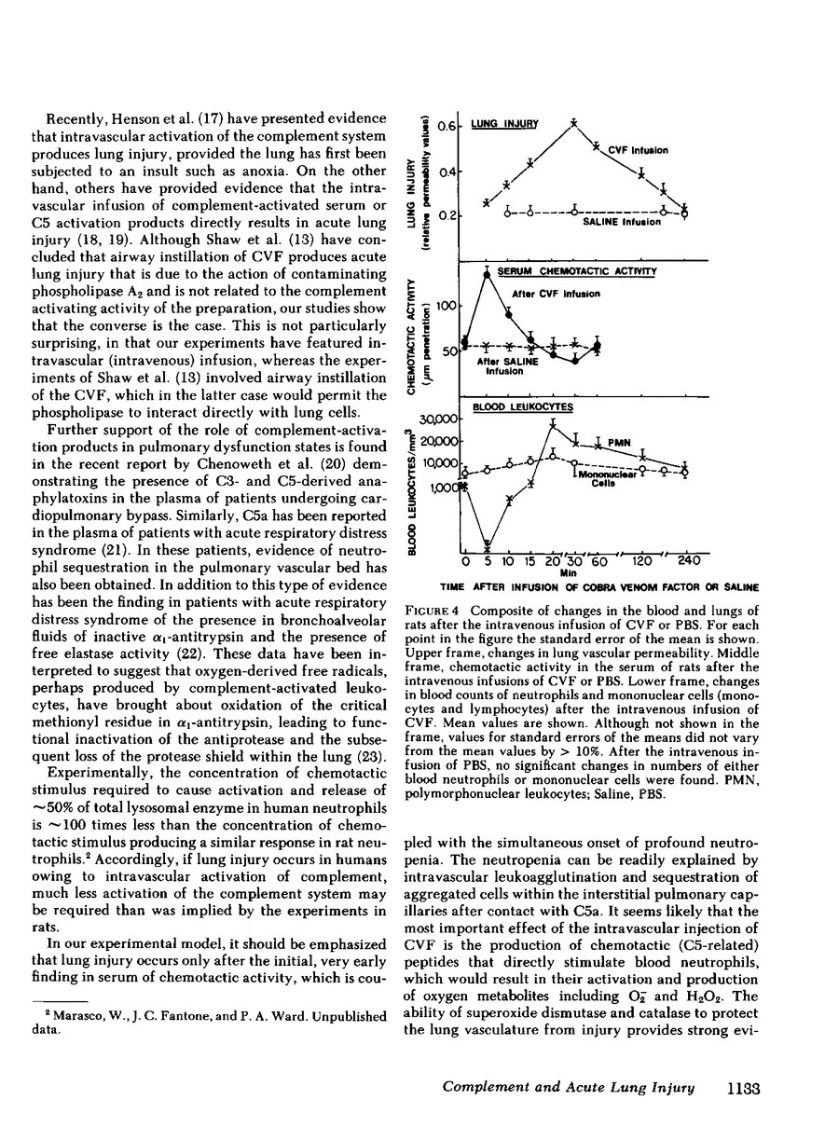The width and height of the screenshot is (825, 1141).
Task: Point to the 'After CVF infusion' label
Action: tap(557, 294)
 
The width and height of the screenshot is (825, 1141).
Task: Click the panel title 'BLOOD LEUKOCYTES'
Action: tap(522, 406)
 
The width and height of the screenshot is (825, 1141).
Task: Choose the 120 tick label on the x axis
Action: tap(640, 562)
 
